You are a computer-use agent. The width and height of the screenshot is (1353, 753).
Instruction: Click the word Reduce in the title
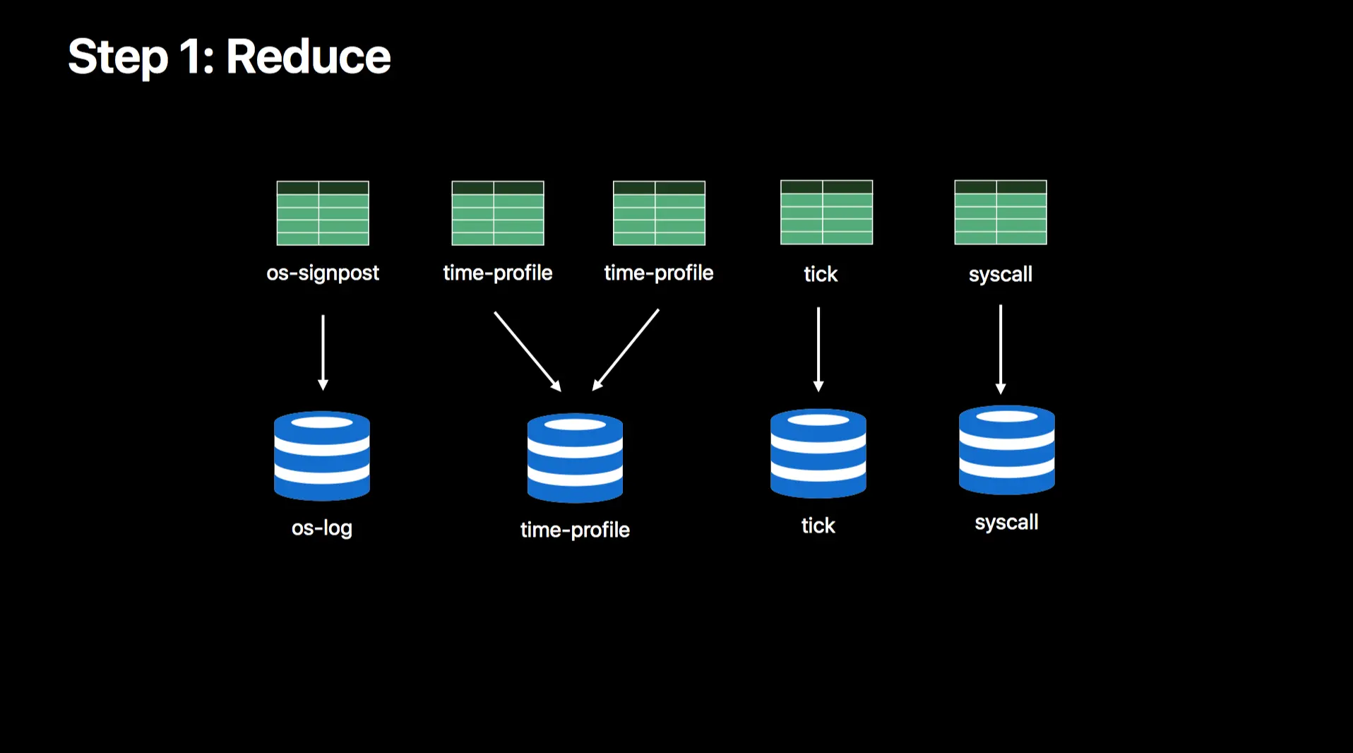tap(308, 57)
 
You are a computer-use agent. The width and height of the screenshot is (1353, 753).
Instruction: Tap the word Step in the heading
tap(118, 58)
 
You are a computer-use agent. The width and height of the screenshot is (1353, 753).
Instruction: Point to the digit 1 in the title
tap(191, 57)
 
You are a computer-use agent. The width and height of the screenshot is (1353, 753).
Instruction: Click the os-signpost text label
tap(323, 273)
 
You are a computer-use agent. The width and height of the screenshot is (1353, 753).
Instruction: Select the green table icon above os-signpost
tap(323, 213)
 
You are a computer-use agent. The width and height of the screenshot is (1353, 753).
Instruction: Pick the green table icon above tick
tap(826, 213)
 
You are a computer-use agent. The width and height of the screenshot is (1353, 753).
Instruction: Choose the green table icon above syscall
tap(1000, 213)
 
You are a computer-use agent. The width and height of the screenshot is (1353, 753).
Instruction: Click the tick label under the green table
tap(821, 274)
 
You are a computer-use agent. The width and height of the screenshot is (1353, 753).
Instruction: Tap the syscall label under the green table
tap(1000, 274)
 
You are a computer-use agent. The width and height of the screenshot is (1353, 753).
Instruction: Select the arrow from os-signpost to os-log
tap(323, 352)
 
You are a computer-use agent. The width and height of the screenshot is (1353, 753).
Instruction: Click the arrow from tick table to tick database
tap(818, 349)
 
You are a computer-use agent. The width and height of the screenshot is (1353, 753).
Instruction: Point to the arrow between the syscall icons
tap(1000, 349)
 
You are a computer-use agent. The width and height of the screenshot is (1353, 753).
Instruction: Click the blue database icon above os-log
tap(322, 456)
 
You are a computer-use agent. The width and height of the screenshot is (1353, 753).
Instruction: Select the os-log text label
tap(322, 528)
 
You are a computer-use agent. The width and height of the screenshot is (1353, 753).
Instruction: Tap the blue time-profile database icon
tap(575, 458)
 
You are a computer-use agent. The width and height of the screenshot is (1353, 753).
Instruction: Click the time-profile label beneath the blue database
tap(575, 530)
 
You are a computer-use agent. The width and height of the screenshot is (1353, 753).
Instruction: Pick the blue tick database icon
tap(818, 453)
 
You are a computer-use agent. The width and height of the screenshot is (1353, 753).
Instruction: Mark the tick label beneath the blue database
tap(818, 526)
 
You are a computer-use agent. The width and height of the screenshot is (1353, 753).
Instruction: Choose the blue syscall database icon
tap(1006, 449)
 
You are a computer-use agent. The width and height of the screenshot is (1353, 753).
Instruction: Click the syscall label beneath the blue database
tap(1006, 523)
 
